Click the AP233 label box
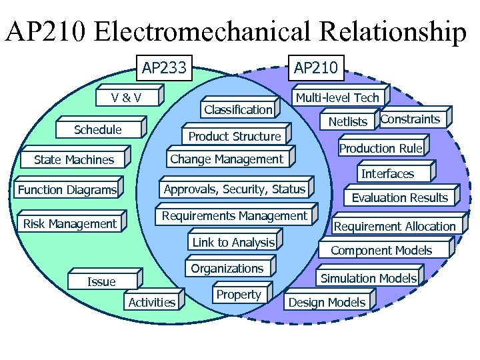coord(164,67)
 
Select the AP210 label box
coord(317,67)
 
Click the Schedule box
coord(98,130)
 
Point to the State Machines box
coord(74,160)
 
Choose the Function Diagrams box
coord(67,191)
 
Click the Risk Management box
coord(70,224)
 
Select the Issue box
coord(102,282)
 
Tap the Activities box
coord(152,303)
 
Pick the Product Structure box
coord(235,137)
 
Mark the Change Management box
coord(227,159)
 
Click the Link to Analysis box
coord(233,243)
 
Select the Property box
coord(239,295)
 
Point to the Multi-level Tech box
coord(337,98)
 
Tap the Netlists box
coord(348,121)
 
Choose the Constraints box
coord(410,119)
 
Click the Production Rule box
coord(381,148)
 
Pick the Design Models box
coord(327,303)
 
